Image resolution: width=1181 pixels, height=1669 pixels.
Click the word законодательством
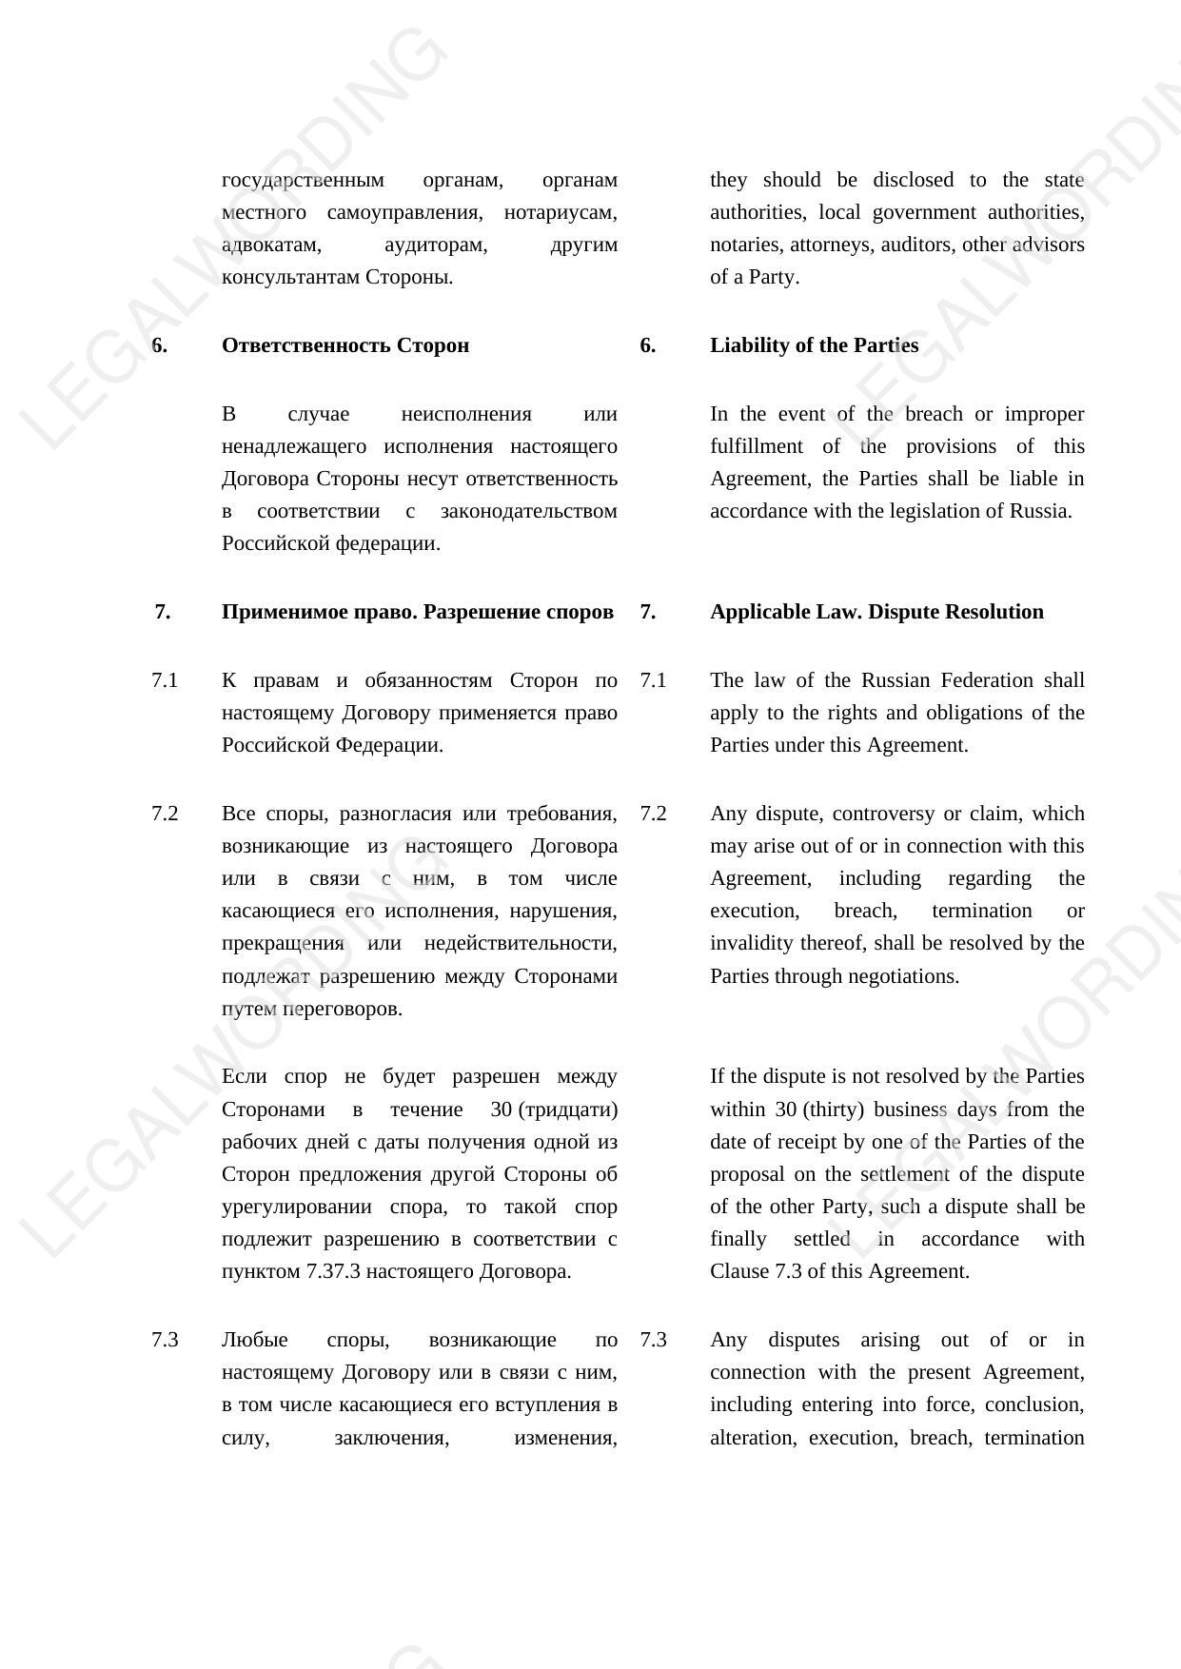[x=528, y=511]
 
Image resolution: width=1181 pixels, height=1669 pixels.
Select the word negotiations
[x=900, y=976]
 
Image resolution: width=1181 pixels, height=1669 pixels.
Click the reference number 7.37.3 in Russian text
[x=333, y=1271]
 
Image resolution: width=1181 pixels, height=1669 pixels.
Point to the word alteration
[x=752, y=1437]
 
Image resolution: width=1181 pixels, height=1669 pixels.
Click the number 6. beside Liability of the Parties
[x=647, y=345]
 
